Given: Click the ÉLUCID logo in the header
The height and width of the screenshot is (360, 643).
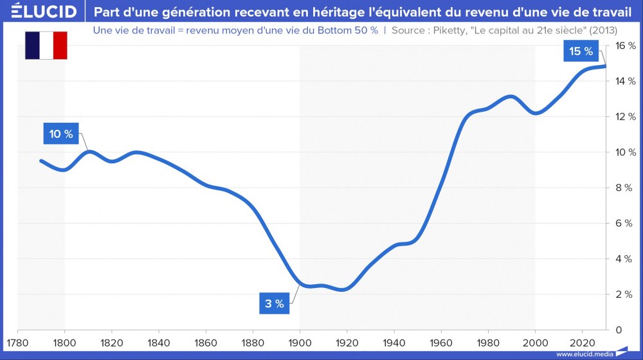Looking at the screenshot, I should point(39,12).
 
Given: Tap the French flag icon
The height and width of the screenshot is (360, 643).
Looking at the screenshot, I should point(46,45).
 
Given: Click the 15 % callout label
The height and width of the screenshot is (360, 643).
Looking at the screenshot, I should point(581,51).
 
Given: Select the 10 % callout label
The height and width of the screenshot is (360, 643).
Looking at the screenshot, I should point(62,134).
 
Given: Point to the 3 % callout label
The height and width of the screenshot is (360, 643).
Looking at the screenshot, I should point(275,303).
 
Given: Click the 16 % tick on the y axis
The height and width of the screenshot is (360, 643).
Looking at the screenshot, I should point(623,46).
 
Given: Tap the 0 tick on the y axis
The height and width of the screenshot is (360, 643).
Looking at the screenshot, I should point(618,330).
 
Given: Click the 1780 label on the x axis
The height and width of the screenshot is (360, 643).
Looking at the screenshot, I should point(17,341).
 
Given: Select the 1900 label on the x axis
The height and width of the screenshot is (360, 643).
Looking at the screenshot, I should point(300,341).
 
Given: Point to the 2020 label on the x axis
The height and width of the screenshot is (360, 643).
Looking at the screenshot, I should point(582,341).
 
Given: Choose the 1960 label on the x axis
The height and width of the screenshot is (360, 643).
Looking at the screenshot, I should point(440,341).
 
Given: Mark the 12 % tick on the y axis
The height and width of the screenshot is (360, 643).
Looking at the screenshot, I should point(623,117).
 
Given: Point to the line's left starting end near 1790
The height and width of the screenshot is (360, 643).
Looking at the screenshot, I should point(41,161).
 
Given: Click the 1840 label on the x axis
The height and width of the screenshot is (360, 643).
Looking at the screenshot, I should point(159,341).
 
